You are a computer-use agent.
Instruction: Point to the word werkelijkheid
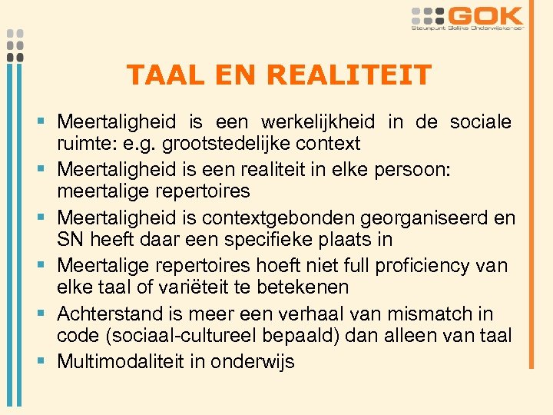coord(318,122)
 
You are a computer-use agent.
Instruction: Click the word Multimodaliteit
coord(122,361)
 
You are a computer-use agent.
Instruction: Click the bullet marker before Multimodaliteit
coord(45,361)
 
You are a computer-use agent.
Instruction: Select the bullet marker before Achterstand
coord(45,314)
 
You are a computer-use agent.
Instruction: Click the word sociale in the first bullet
coord(482,122)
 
